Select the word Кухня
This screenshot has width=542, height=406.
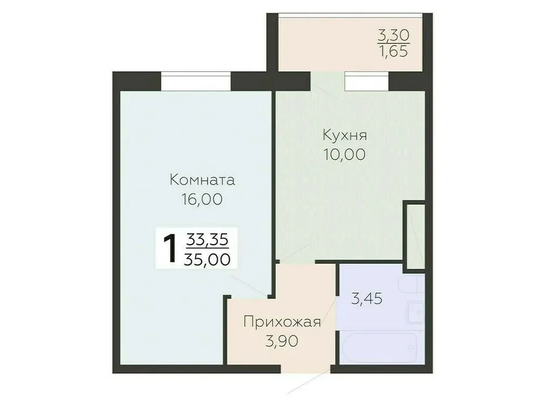(x=345, y=134)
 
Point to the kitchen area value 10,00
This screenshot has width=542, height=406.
(x=345, y=154)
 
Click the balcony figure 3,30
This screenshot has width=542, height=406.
(x=393, y=36)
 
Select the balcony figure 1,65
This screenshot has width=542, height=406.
(x=393, y=52)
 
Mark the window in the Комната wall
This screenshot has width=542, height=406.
(x=196, y=81)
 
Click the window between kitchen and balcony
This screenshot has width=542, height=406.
(x=367, y=81)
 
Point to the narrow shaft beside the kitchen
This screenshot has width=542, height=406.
(x=416, y=235)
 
